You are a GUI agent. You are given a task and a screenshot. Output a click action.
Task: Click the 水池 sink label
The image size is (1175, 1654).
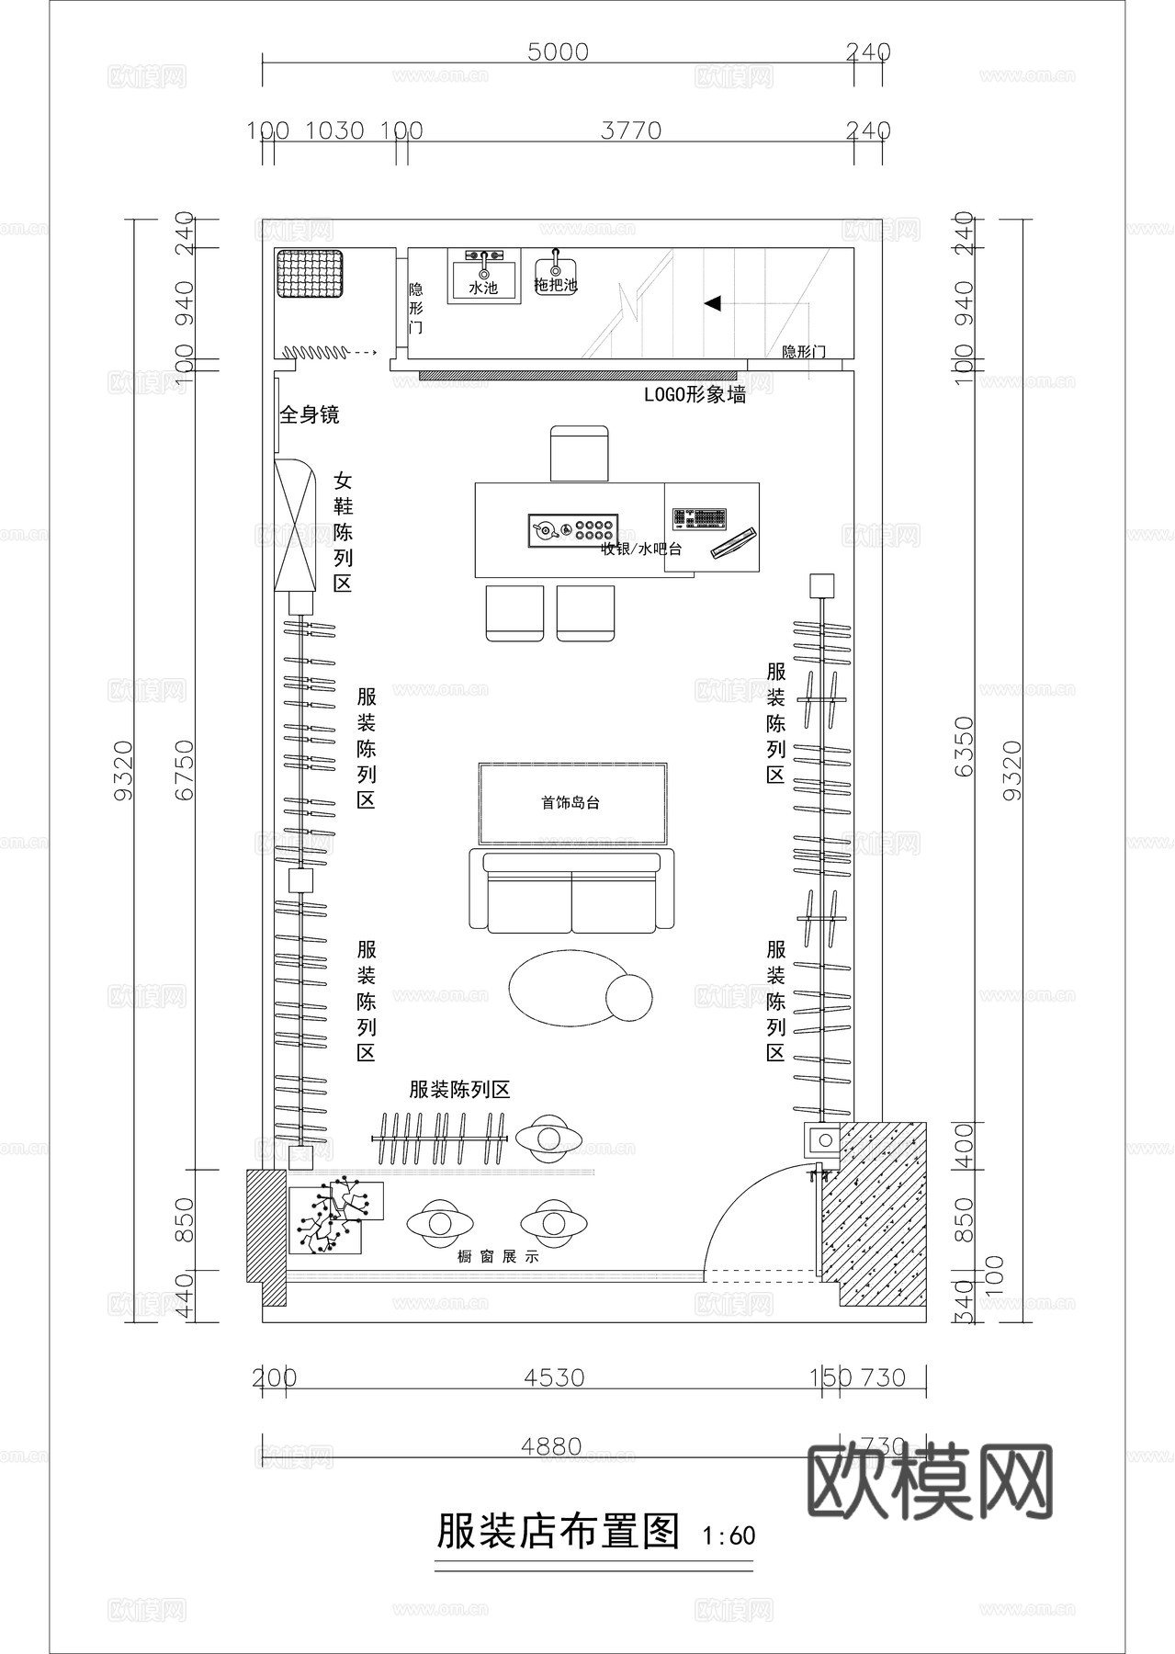(482, 288)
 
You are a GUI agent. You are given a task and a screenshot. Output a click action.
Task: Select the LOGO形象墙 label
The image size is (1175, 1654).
(694, 395)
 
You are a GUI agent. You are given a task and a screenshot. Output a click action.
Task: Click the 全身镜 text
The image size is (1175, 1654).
(309, 415)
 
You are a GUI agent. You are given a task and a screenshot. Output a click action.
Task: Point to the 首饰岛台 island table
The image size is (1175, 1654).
(571, 802)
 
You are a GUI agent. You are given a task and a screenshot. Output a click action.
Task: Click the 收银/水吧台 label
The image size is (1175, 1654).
(641, 549)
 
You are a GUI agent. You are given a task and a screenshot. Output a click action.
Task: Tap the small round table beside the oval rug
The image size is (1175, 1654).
(628, 997)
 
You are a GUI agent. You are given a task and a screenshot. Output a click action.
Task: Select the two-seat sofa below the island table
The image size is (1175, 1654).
(571, 890)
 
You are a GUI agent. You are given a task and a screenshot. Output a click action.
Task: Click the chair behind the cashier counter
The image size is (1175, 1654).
(579, 453)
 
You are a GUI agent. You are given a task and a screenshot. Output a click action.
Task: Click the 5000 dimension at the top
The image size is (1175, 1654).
(558, 51)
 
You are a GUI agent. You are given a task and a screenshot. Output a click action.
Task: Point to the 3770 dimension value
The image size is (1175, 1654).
(630, 130)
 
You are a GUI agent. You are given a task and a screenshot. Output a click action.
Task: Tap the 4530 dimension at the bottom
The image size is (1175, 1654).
(554, 1377)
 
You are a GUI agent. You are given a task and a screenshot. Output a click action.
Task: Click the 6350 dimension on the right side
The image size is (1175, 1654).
(963, 746)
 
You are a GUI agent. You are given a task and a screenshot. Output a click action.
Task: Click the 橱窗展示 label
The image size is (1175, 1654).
(497, 1257)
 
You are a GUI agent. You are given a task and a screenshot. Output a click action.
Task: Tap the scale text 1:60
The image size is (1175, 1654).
(728, 1535)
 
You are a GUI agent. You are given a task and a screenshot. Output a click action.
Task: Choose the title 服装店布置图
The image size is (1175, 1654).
(558, 1531)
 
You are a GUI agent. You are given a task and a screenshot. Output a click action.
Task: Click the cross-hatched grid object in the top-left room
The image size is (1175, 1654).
(309, 273)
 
